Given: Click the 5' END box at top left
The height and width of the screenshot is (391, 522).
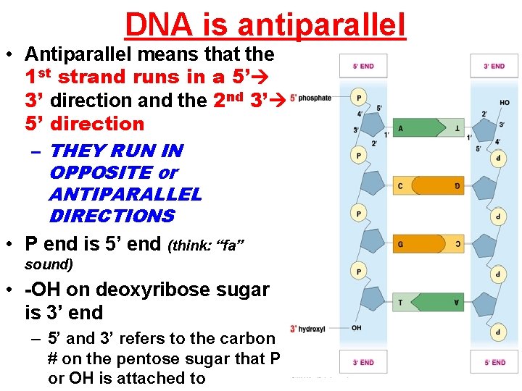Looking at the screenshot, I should pos(363,66).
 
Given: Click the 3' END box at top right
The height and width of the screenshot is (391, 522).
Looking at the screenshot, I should pos(494,66).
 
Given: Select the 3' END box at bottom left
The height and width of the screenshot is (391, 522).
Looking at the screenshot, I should pos(363,362).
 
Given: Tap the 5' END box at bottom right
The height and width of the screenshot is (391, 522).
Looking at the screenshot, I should pos(494,362).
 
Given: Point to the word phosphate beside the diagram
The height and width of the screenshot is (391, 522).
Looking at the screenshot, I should pos(315,98).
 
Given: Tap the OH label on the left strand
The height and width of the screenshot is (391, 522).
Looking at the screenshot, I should pos(357,328).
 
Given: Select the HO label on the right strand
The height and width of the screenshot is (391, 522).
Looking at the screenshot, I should pos(504,103).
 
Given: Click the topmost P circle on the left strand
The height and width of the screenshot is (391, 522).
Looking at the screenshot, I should pos(357,97).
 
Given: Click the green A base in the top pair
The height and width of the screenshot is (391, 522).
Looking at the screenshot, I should pos(406,129).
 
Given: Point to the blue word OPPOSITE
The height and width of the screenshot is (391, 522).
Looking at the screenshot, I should pos(100,172).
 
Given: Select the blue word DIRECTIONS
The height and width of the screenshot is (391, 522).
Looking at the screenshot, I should pos(112,216).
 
